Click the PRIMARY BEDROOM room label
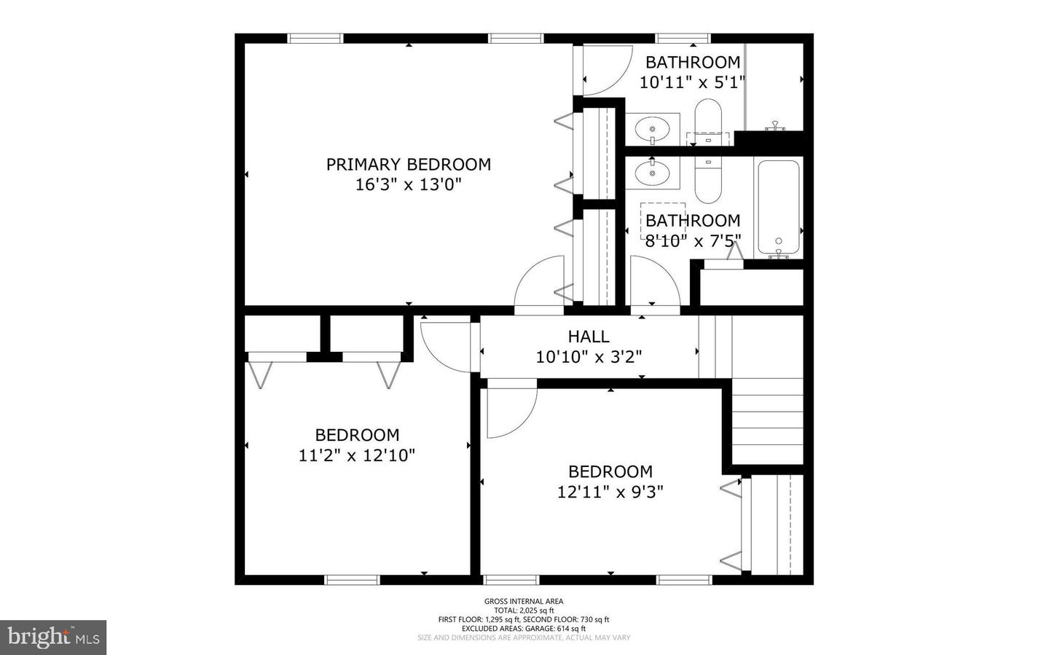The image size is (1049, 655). [408, 165]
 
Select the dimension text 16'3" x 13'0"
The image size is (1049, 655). [408, 184]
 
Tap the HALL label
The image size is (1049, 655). [589, 337]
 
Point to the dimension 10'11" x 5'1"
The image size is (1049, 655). [692, 82]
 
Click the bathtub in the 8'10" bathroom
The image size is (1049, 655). [779, 207]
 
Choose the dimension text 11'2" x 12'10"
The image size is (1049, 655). [357, 455]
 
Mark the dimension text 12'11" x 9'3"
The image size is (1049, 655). [610, 492]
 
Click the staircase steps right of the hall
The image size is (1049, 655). [766, 423]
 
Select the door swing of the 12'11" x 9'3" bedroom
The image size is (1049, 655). [510, 409]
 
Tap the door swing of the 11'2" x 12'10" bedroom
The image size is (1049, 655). [446, 347]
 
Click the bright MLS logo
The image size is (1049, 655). [53, 638]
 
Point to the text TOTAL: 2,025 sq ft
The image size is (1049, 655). [524, 611]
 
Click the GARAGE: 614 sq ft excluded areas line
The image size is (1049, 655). [524, 628]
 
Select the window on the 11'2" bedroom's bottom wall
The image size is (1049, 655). [352, 580]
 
